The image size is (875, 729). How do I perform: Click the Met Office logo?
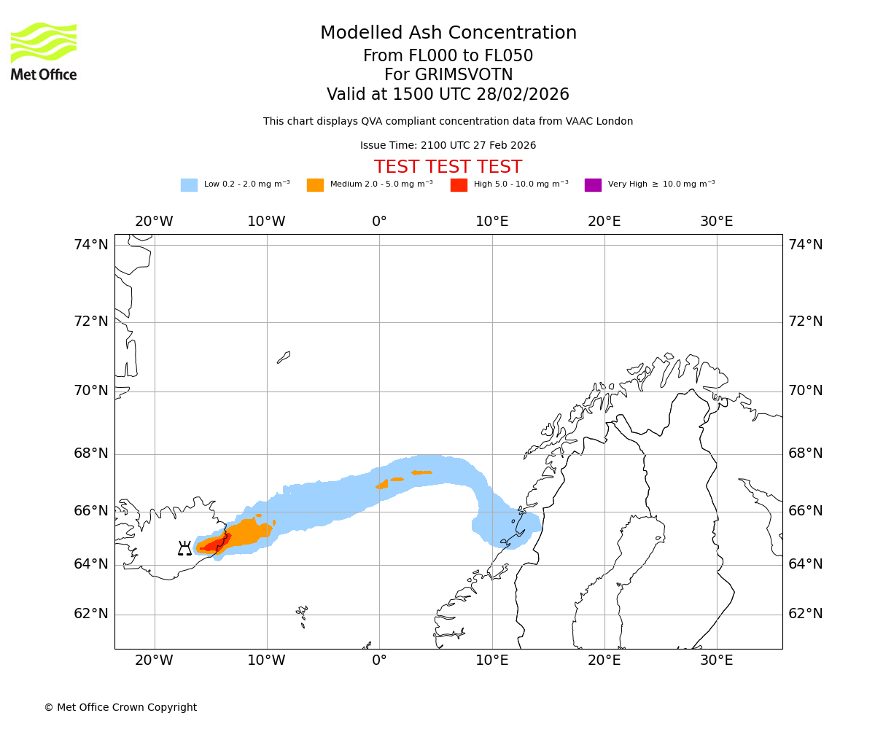coord(44,51)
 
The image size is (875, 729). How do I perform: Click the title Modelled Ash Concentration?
coord(448,33)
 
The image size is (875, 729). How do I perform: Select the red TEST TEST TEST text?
coord(448,167)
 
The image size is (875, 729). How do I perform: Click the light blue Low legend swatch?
coord(189,184)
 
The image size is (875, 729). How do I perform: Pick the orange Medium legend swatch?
coord(315,184)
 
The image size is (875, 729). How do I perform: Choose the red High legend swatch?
coord(459,184)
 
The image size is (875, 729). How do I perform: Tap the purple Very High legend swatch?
coord(593,184)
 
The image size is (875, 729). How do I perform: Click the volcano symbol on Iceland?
coord(184,548)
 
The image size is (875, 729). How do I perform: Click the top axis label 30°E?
coord(716,222)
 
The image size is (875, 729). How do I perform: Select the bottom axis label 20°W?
coord(154,660)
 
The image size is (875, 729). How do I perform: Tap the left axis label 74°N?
coord(91,245)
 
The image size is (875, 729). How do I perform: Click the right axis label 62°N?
coord(805,614)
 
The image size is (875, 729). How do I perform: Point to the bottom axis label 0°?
coord(379,660)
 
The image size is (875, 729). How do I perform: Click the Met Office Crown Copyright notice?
coord(120,707)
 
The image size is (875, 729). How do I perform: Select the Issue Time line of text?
coord(448,145)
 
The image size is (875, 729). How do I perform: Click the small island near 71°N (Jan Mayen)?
coord(284,357)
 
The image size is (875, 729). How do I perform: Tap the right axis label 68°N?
coord(805,453)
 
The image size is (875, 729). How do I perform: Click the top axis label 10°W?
coord(266,222)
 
